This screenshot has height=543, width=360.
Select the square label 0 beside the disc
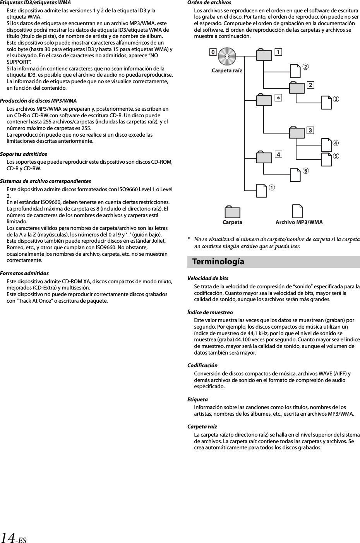(213, 52)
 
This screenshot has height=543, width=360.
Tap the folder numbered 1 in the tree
(264, 55)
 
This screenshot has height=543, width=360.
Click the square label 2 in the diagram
(310, 85)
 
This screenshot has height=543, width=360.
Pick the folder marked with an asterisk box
(264, 100)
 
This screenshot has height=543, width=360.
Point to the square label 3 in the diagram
(310, 130)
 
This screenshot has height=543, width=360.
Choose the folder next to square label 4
(264, 157)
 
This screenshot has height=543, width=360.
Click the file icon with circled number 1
(262, 190)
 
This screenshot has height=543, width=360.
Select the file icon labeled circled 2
(295, 71)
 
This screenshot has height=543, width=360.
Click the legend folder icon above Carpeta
(232, 212)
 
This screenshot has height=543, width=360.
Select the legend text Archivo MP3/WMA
(299, 222)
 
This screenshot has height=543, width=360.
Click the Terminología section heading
(218, 262)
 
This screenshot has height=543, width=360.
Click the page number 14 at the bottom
(8, 538)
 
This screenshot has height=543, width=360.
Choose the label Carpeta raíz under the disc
(227, 70)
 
